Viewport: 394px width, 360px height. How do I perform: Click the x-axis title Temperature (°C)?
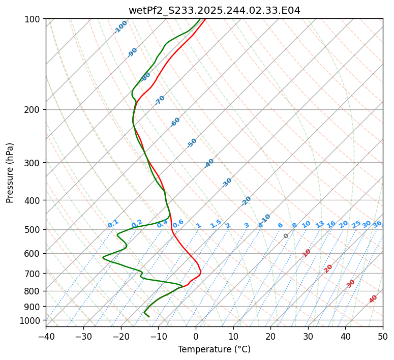(x=214, y=350)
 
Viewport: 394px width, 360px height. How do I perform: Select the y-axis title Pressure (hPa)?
(x=10, y=173)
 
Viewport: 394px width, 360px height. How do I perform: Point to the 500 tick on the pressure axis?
(x=34, y=230)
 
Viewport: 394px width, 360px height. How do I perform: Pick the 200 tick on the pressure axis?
(x=34, y=109)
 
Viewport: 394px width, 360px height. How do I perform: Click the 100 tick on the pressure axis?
(x=34, y=19)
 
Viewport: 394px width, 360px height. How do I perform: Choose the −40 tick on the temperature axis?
(x=46, y=336)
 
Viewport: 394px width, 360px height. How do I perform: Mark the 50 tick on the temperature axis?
(x=383, y=336)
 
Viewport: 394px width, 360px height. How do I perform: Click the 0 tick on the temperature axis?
(x=196, y=336)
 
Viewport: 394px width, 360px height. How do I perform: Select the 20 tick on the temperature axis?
(x=270, y=336)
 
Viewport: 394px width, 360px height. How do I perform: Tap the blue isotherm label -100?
(x=121, y=27)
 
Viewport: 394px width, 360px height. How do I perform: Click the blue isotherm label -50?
(x=192, y=143)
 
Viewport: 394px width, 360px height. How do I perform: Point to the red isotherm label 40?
(x=373, y=299)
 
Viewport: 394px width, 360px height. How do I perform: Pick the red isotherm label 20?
(x=328, y=268)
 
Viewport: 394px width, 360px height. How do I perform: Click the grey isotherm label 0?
(x=286, y=236)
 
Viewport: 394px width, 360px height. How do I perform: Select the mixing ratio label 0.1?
(x=113, y=223)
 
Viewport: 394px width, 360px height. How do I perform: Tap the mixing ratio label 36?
(x=377, y=224)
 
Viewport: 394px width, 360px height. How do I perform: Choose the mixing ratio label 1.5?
(x=216, y=223)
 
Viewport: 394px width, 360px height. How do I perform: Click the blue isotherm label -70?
(x=160, y=100)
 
